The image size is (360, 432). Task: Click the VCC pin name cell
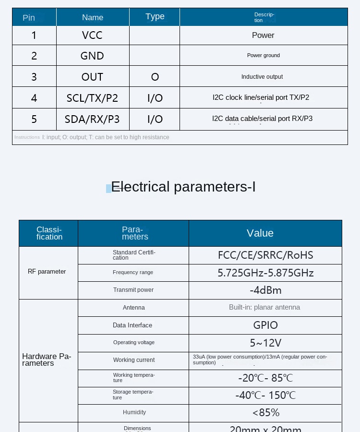[92, 35]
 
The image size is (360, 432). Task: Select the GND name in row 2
[92, 56]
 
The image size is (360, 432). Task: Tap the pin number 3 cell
[34, 77]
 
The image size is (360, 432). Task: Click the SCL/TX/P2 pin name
[92, 98]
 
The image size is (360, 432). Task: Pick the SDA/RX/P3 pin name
[92, 119]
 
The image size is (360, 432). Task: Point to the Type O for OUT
[155, 77]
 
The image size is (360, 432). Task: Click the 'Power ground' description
[264, 55]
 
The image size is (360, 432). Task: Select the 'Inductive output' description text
[262, 77]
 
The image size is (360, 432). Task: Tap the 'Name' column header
[93, 17]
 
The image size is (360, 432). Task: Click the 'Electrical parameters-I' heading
[183, 187]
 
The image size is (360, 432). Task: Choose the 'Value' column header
[260, 233]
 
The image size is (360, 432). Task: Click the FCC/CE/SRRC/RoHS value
[265, 255]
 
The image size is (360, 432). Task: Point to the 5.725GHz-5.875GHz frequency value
[265, 273]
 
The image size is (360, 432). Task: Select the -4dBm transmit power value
[265, 290]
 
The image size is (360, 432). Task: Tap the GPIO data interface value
[265, 325]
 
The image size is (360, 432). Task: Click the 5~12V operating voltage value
[265, 343]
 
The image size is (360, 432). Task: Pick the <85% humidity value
[265, 412]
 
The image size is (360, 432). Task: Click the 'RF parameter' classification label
[47, 272]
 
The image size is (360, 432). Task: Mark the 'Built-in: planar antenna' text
[264, 307]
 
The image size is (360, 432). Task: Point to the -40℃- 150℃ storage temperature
[265, 395]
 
